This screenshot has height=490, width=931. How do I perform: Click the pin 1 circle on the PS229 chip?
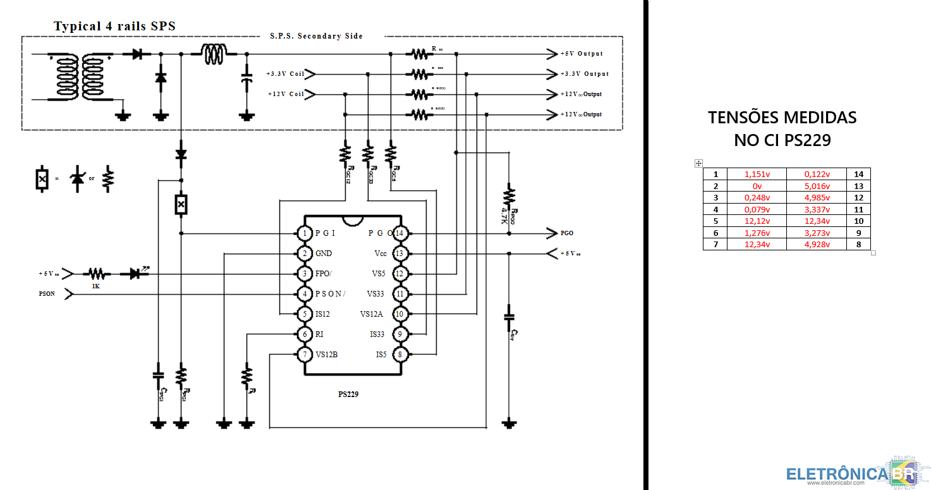(x=305, y=233)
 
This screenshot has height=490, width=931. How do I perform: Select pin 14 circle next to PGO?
(x=399, y=233)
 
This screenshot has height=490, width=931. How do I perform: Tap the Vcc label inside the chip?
(x=380, y=254)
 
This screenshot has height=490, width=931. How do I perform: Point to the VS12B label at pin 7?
(x=327, y=355)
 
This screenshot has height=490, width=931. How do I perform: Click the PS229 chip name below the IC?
(x=348, y=394)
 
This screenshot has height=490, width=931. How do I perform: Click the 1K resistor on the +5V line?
(x=96, y=274)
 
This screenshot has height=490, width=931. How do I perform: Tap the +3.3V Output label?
(x=585, y=74)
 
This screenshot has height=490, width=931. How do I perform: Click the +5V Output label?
(x=581, y=54)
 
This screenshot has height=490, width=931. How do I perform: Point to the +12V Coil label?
(x=286, y=94)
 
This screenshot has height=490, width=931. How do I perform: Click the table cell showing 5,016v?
(x=816, y=186)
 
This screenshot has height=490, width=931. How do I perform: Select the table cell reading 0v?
(x=757, y=186)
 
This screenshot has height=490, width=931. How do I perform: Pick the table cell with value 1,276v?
(x=757, y=233)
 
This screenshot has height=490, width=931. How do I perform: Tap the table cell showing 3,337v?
(x=816, y=209)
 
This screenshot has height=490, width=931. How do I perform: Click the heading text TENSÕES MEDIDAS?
(x=782, y=118)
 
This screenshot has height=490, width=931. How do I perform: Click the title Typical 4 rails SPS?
(x=114, y=26)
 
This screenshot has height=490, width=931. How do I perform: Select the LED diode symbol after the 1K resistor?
(x=134, y=274)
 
